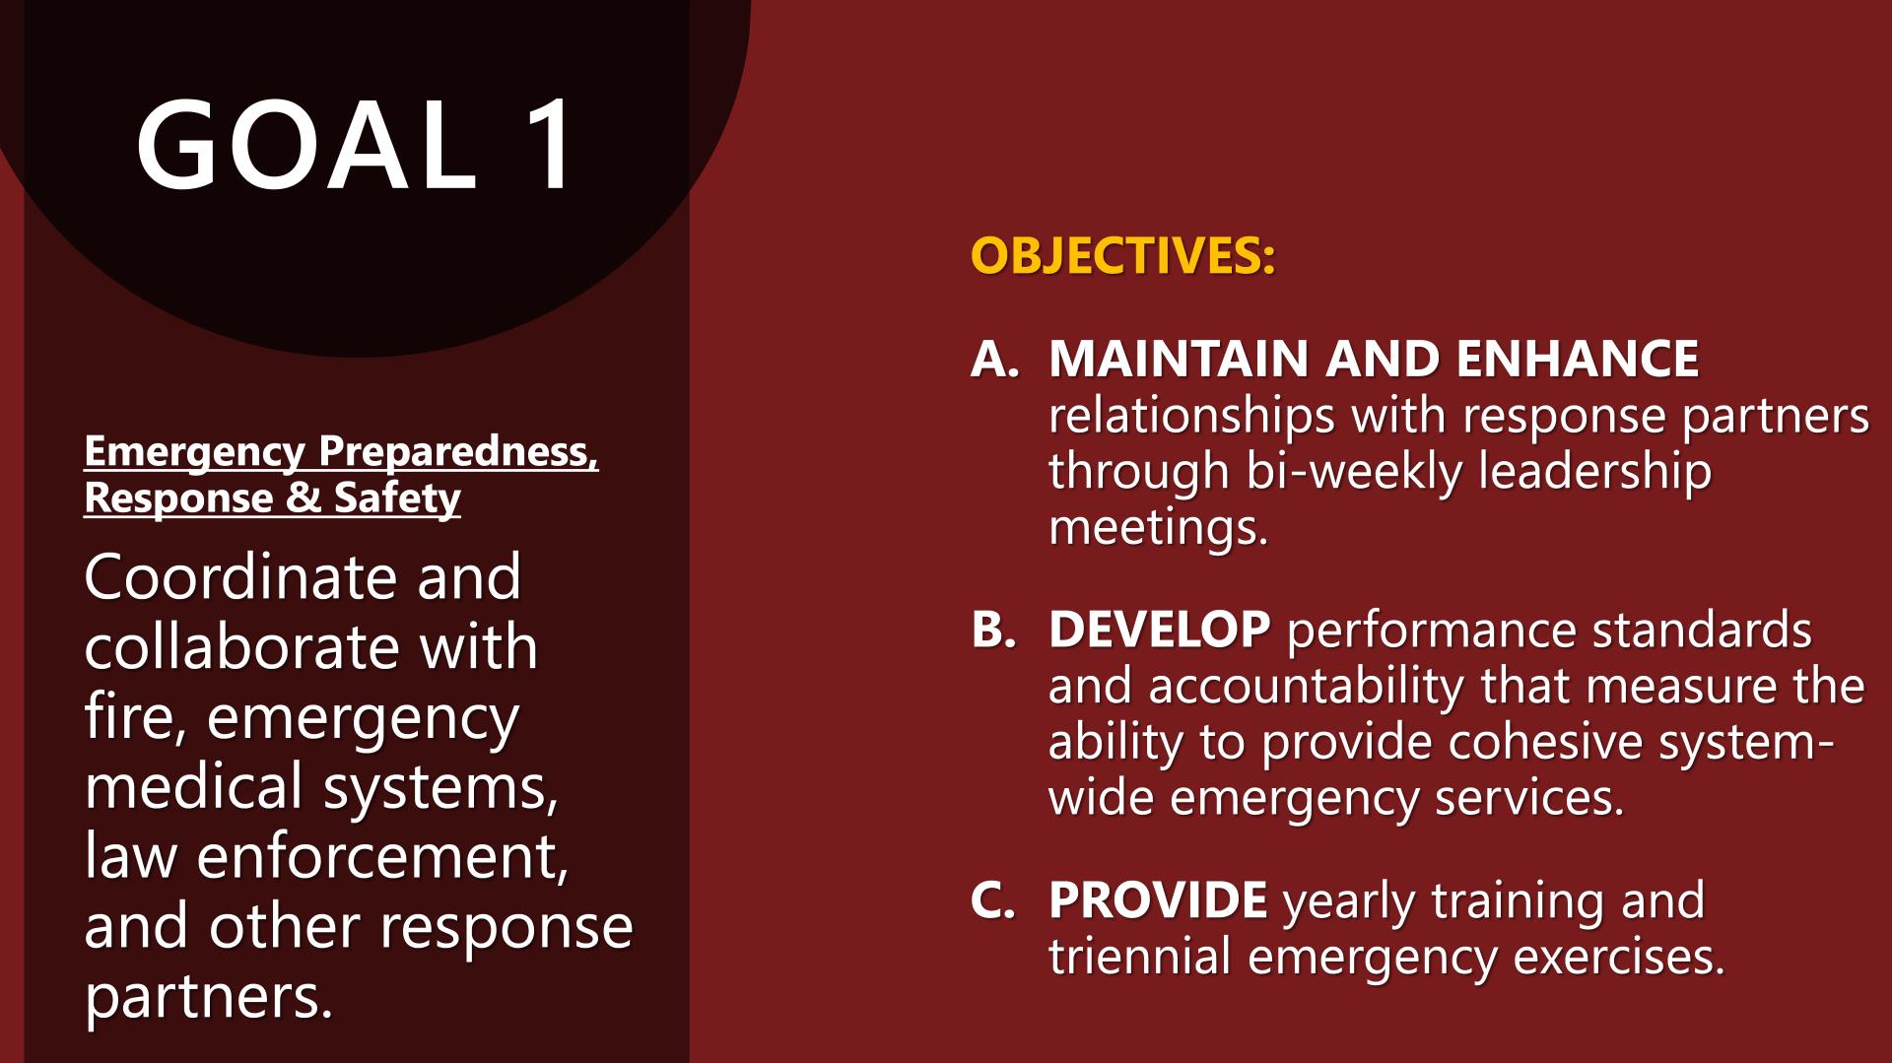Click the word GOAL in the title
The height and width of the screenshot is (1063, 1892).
coord(306,144)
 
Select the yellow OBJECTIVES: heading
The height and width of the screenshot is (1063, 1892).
coord(1122,256)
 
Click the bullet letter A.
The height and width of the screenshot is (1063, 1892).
coord(994,359)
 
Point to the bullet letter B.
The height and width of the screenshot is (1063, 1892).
coord(993,630)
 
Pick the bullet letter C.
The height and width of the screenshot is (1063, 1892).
coord(992,900)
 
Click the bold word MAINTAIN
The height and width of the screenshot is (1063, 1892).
coord(1179,359)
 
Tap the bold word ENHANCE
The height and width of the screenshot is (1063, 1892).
coord(1577,359)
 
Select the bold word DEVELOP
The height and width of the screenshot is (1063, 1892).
coord(1160,630)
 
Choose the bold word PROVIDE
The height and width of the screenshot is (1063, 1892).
coord(1158,900)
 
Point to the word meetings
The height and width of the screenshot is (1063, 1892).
coord(1158,528)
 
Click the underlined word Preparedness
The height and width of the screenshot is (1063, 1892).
coord(458,452)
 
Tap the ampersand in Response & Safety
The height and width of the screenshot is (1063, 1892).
coord(304,498)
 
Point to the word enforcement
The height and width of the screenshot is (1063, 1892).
coord(382,857)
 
